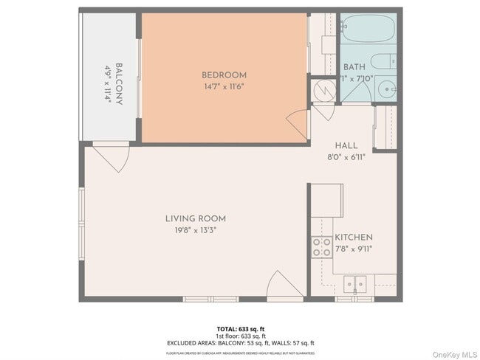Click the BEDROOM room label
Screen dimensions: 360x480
[x=224, y=75]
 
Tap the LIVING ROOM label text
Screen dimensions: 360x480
[x=195, y=218]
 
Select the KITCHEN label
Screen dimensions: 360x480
[x=354, y=238]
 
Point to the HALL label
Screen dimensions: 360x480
[x=346, y=145]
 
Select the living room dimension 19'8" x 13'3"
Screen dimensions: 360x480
[x=195, y=230]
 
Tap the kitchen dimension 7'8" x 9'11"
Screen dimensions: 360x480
[x=354, y=249]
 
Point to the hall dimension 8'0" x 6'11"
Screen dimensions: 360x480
[x=346, y=156]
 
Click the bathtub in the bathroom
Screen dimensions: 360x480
[x=368, y=30]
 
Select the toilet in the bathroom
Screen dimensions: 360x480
[x=384, y=62]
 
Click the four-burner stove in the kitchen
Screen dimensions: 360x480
[x=321, y=246]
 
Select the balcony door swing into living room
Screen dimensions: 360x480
[x=112, y=157]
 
